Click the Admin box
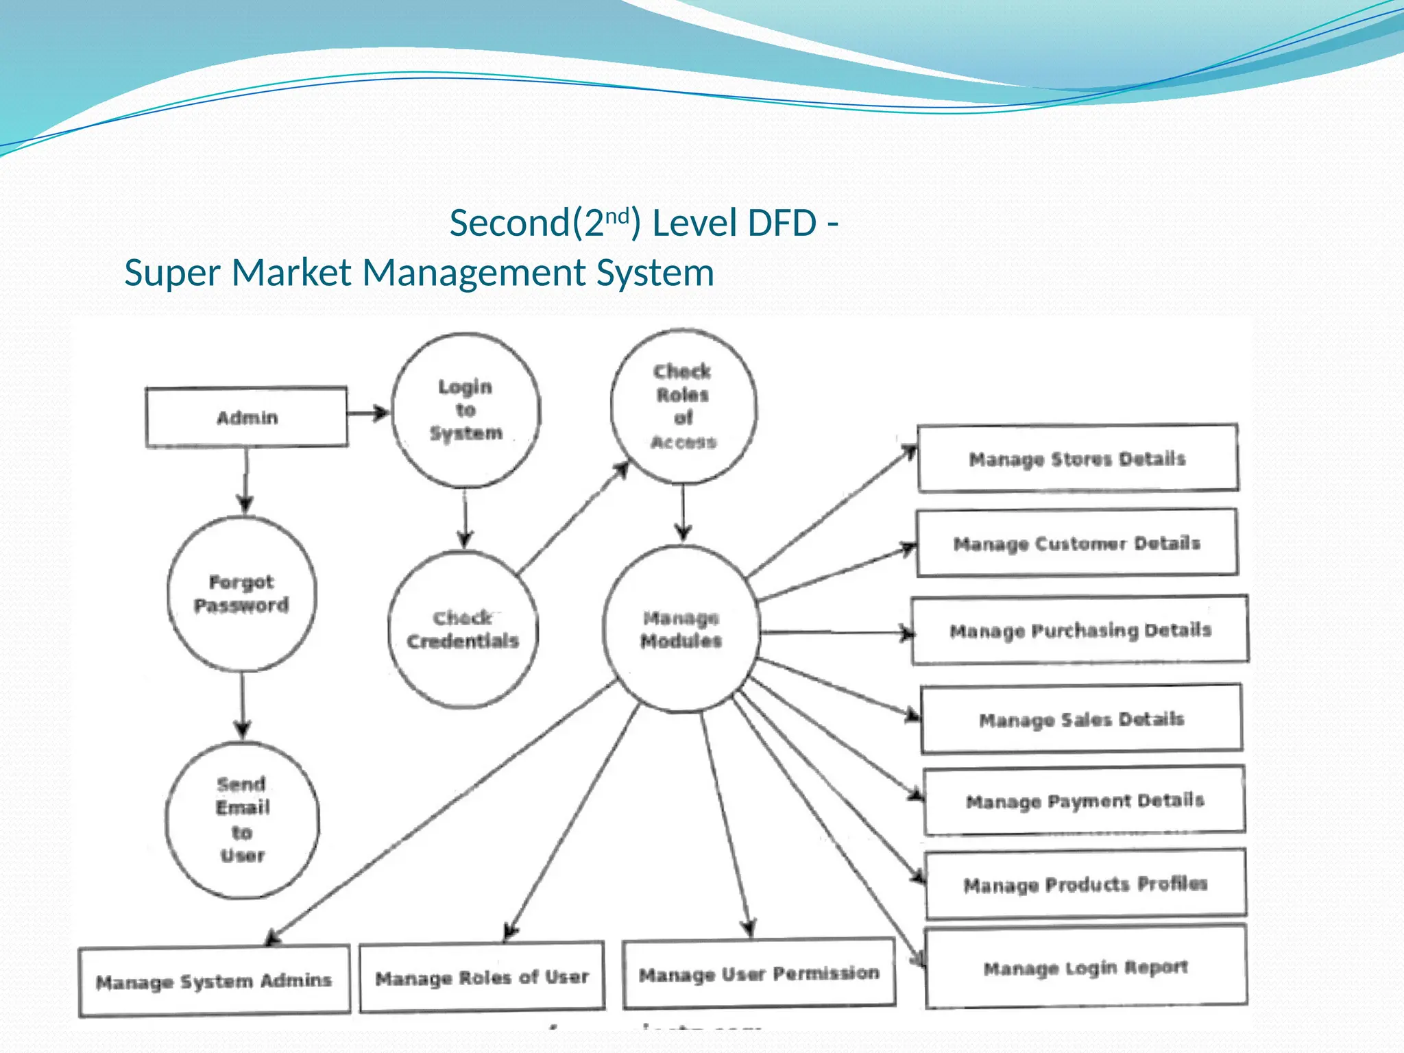tap(246, 417)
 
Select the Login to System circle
tap(465, 410)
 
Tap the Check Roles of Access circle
tap(683, 407)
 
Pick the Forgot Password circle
tap(241, 594)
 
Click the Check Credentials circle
tap(463, 629)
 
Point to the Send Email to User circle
tap(242, 820)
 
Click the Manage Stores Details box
tap(1077, 458)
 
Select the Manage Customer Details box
tap(1076, 543)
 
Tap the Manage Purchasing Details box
tap(1080, 630)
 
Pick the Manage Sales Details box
tap(1081, 719)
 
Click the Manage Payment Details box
tap(1085, 801)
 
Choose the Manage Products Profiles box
tap(1085, 884)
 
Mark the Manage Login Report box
tap(1085, 967)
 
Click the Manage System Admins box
tap(214, 981)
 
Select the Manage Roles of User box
tap(482, 977)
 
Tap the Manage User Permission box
tap(759, 973)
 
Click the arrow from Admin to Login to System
tap(368, 413)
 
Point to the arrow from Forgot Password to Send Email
tap(242, 706)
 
